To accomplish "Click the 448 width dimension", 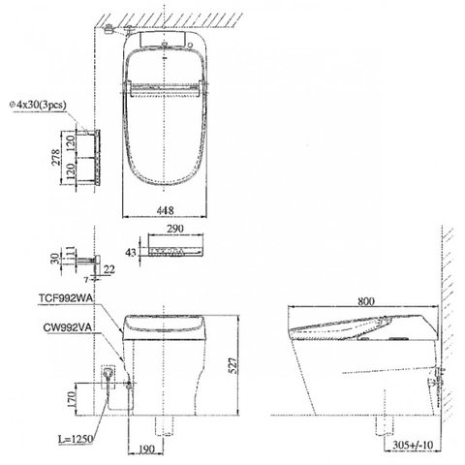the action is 165,210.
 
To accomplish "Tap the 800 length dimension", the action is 366,301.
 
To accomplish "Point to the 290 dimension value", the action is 175,229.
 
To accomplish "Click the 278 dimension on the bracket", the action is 56,157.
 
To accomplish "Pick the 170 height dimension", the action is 71,399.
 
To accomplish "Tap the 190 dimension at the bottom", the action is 147,449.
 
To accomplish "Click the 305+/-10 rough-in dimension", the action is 413,445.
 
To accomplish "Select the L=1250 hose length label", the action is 76,439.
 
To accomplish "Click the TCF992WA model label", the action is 66,298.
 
